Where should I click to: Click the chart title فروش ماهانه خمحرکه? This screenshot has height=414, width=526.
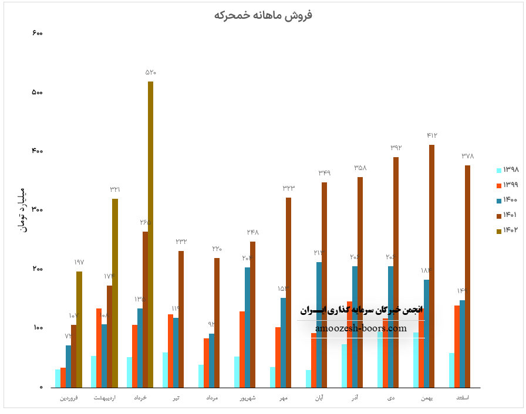263,15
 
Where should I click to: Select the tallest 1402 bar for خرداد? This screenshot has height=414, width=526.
150,235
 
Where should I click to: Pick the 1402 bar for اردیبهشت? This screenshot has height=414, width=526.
115,293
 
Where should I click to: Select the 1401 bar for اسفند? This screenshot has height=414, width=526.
468,276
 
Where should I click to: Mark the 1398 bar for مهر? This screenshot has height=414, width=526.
272,377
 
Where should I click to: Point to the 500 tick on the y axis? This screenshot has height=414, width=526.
37,93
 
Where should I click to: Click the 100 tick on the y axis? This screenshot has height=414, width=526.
37,328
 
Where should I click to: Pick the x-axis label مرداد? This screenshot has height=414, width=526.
212,398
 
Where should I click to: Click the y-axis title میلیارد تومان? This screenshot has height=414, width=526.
23,210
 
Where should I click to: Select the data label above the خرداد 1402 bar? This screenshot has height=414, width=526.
151,72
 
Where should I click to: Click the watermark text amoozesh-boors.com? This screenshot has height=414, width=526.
360,328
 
